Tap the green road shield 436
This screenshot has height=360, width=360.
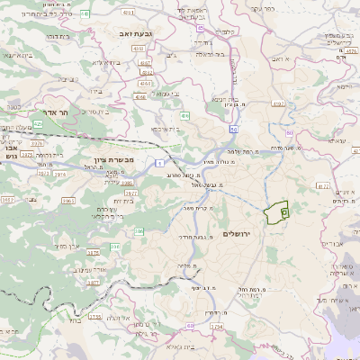coord(184,115)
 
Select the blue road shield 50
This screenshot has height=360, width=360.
coord(233,130)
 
